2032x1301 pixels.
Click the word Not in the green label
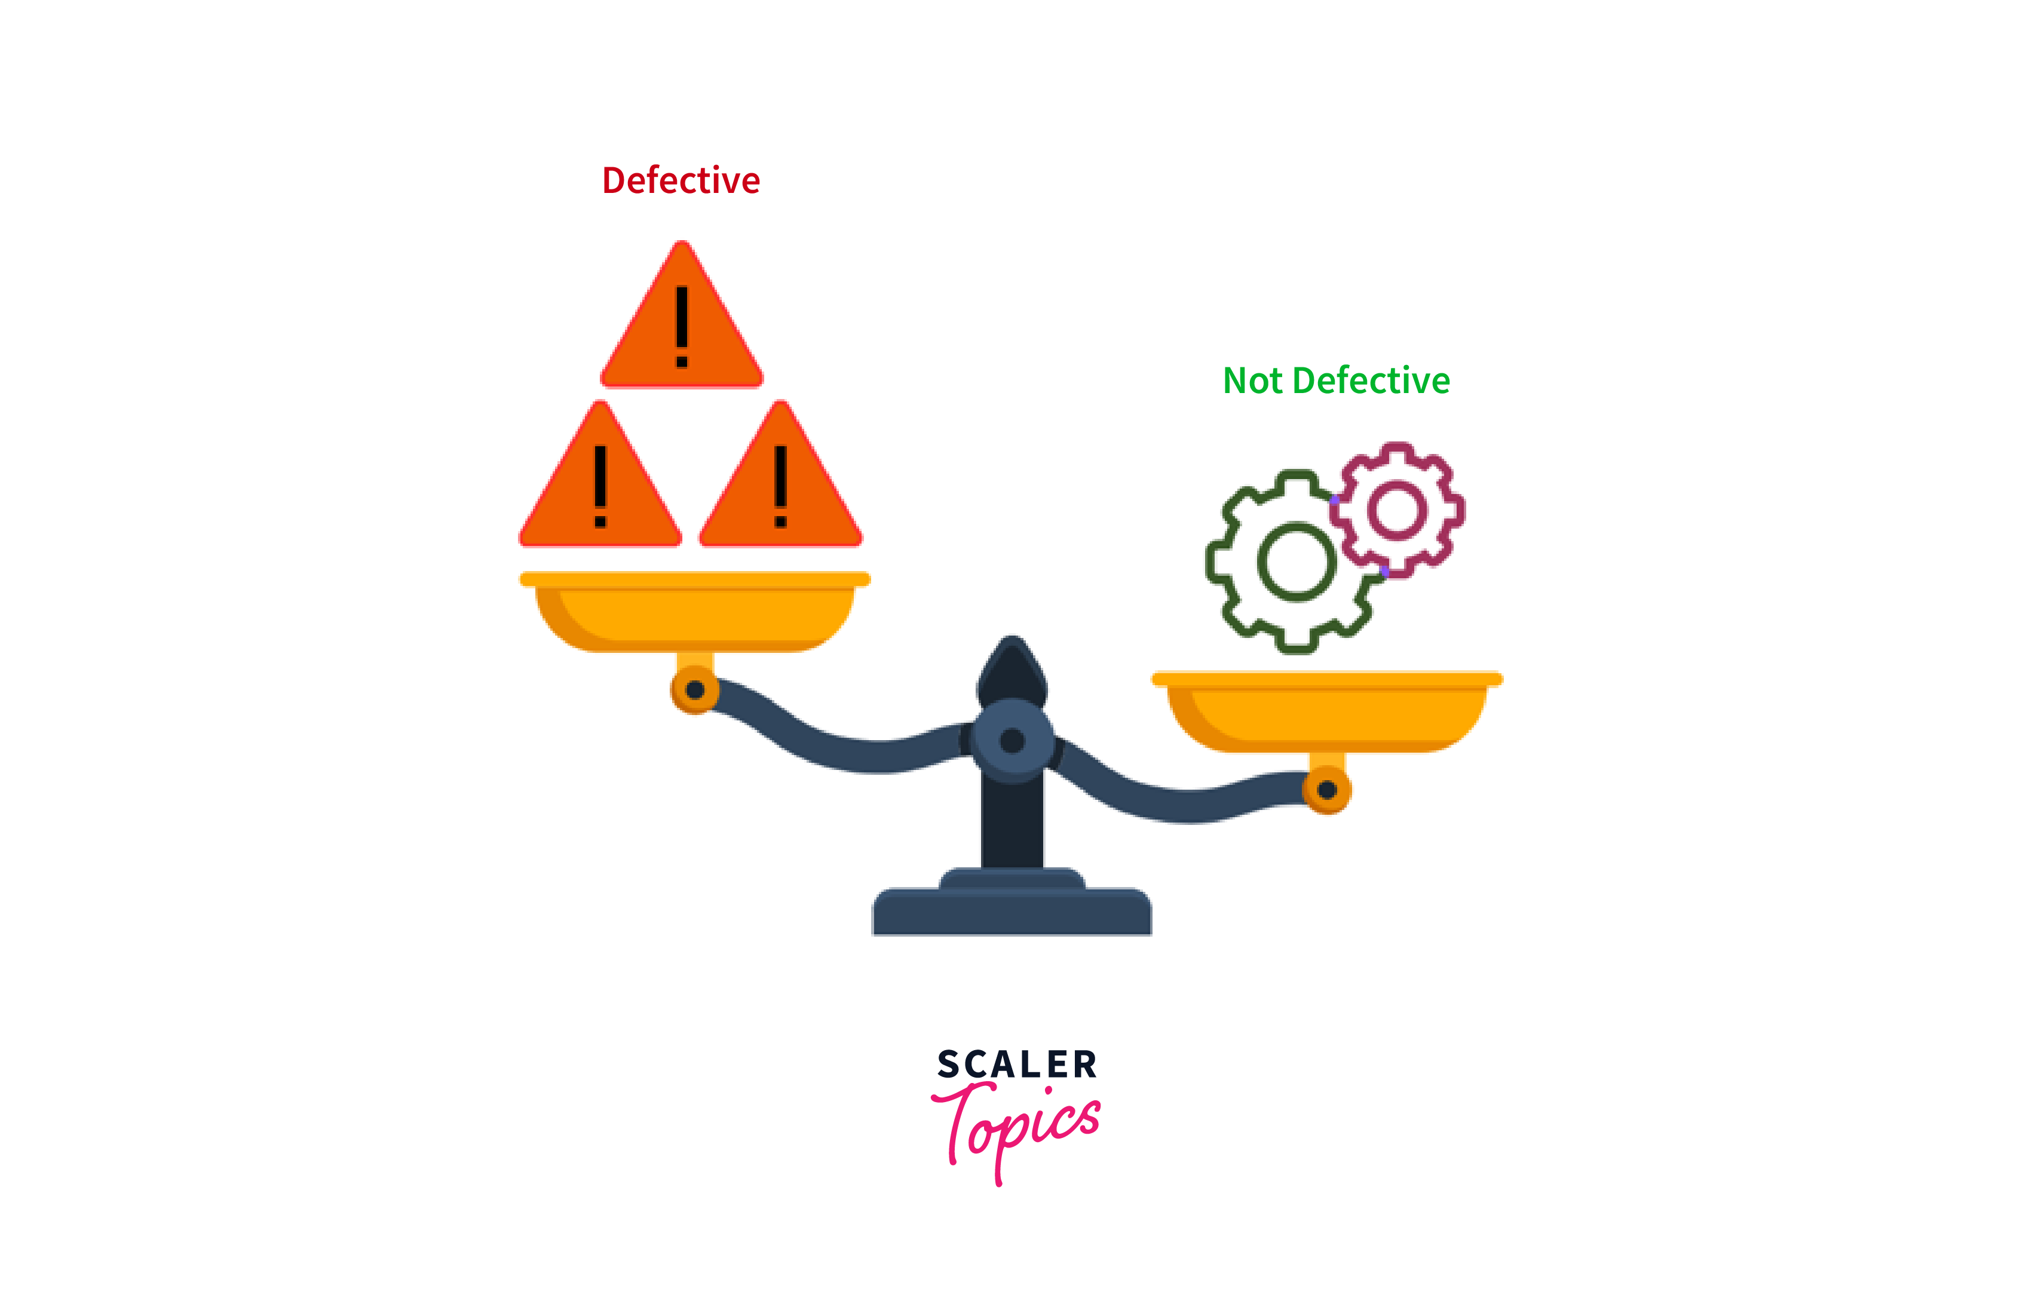(1252, 381)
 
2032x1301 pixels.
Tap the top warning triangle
(682, 314)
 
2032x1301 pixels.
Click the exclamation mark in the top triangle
(682, 327)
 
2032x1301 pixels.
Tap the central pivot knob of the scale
(1012, 741)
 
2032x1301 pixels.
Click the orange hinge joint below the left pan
(694, 689)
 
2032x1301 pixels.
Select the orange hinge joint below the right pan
(1326, 790)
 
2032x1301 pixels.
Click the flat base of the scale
(1012, 911)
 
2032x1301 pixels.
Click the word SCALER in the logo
(1017, 1064)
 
